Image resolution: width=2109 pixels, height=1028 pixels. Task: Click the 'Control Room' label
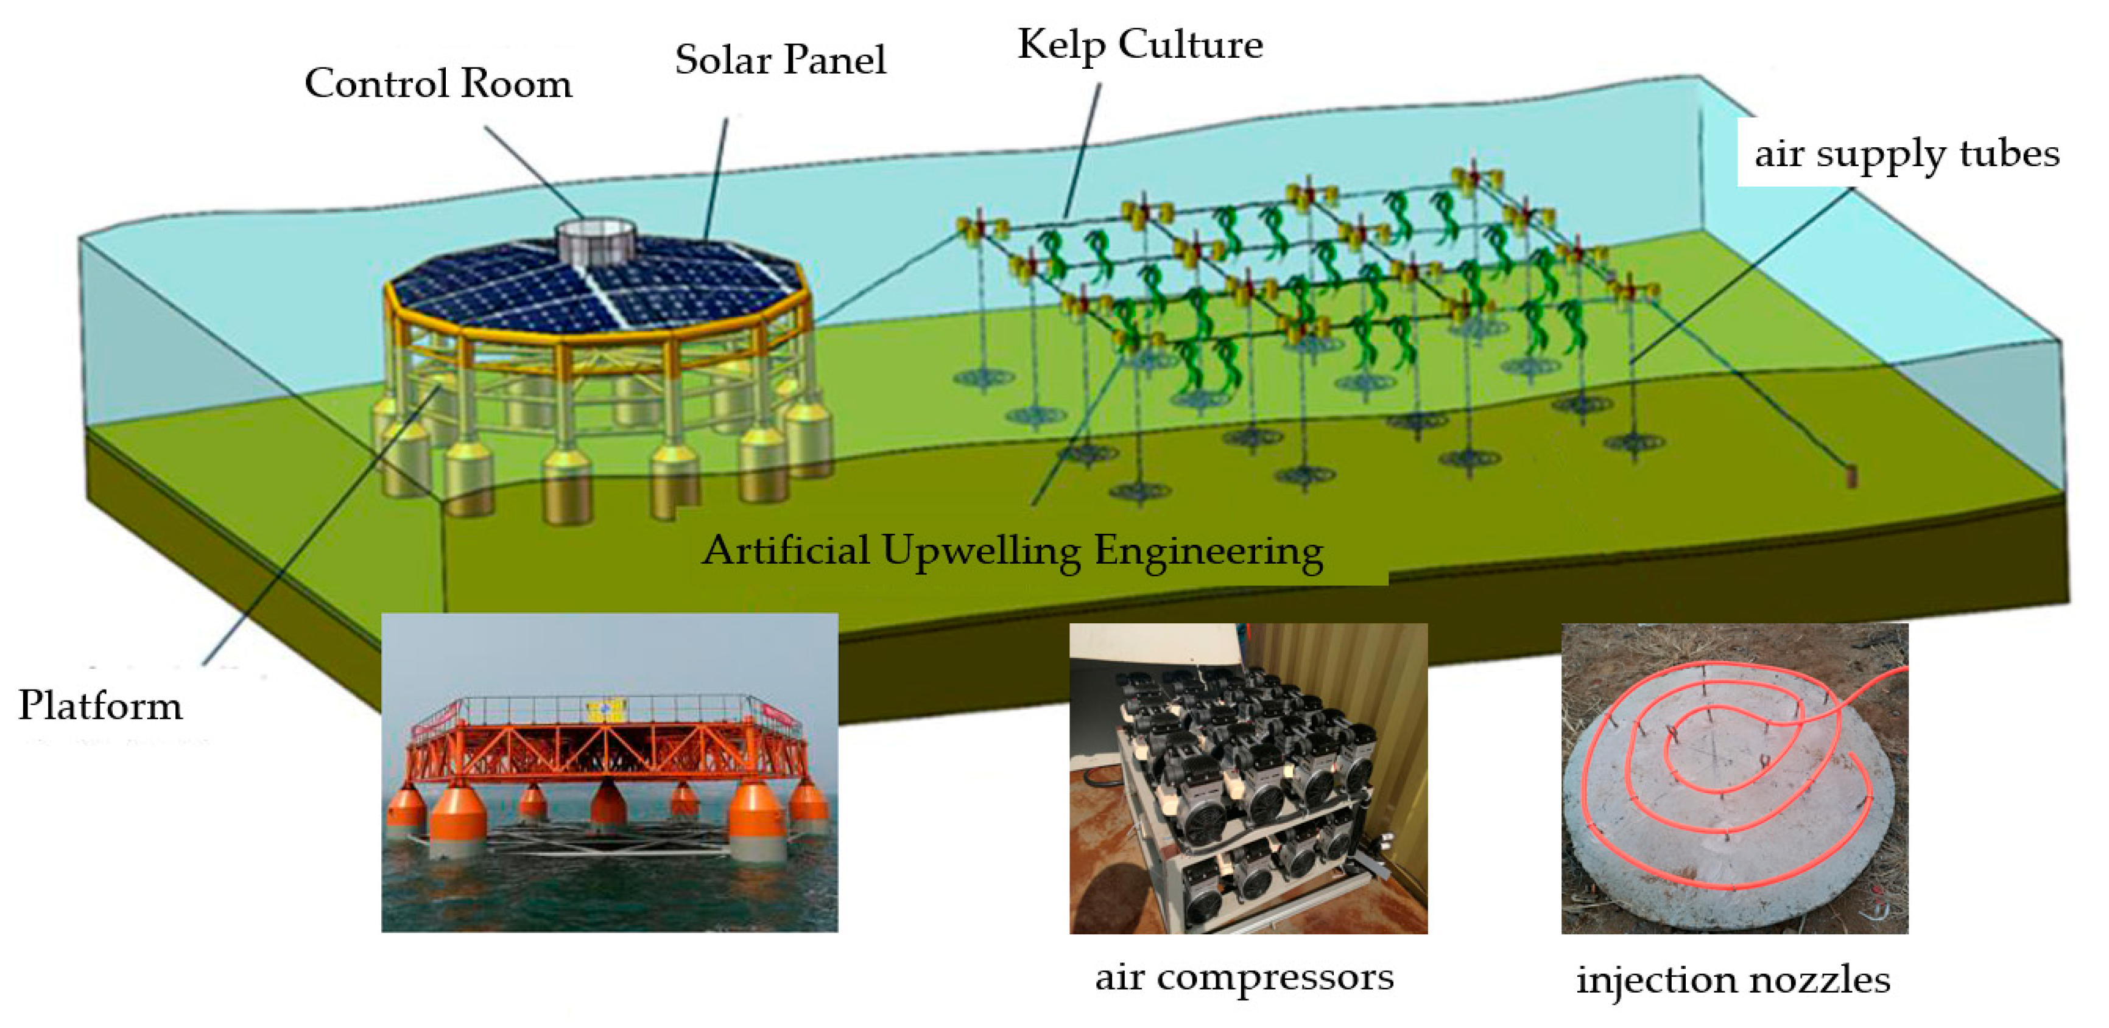pos(438,83)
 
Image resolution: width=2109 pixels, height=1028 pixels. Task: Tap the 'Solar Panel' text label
pos(780,60)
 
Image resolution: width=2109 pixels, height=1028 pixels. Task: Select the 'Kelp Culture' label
pos(1139,45)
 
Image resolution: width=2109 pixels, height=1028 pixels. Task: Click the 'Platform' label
pos(100,705)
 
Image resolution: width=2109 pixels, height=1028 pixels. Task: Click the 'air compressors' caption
pos(1244,977)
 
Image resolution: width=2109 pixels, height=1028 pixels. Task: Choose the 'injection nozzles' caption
pos(1733,980)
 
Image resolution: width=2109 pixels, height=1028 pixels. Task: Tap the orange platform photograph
pos(609,772)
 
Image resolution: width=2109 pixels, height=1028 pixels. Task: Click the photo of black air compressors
pos(1248,778)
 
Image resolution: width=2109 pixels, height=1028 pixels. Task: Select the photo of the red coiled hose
pos(1734,778)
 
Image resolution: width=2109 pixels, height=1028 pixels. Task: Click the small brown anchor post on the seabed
pos(1851,477)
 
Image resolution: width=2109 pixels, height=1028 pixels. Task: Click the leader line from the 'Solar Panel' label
pos(716,176)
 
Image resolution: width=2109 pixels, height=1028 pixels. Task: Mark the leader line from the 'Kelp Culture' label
pos(1082,152)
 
